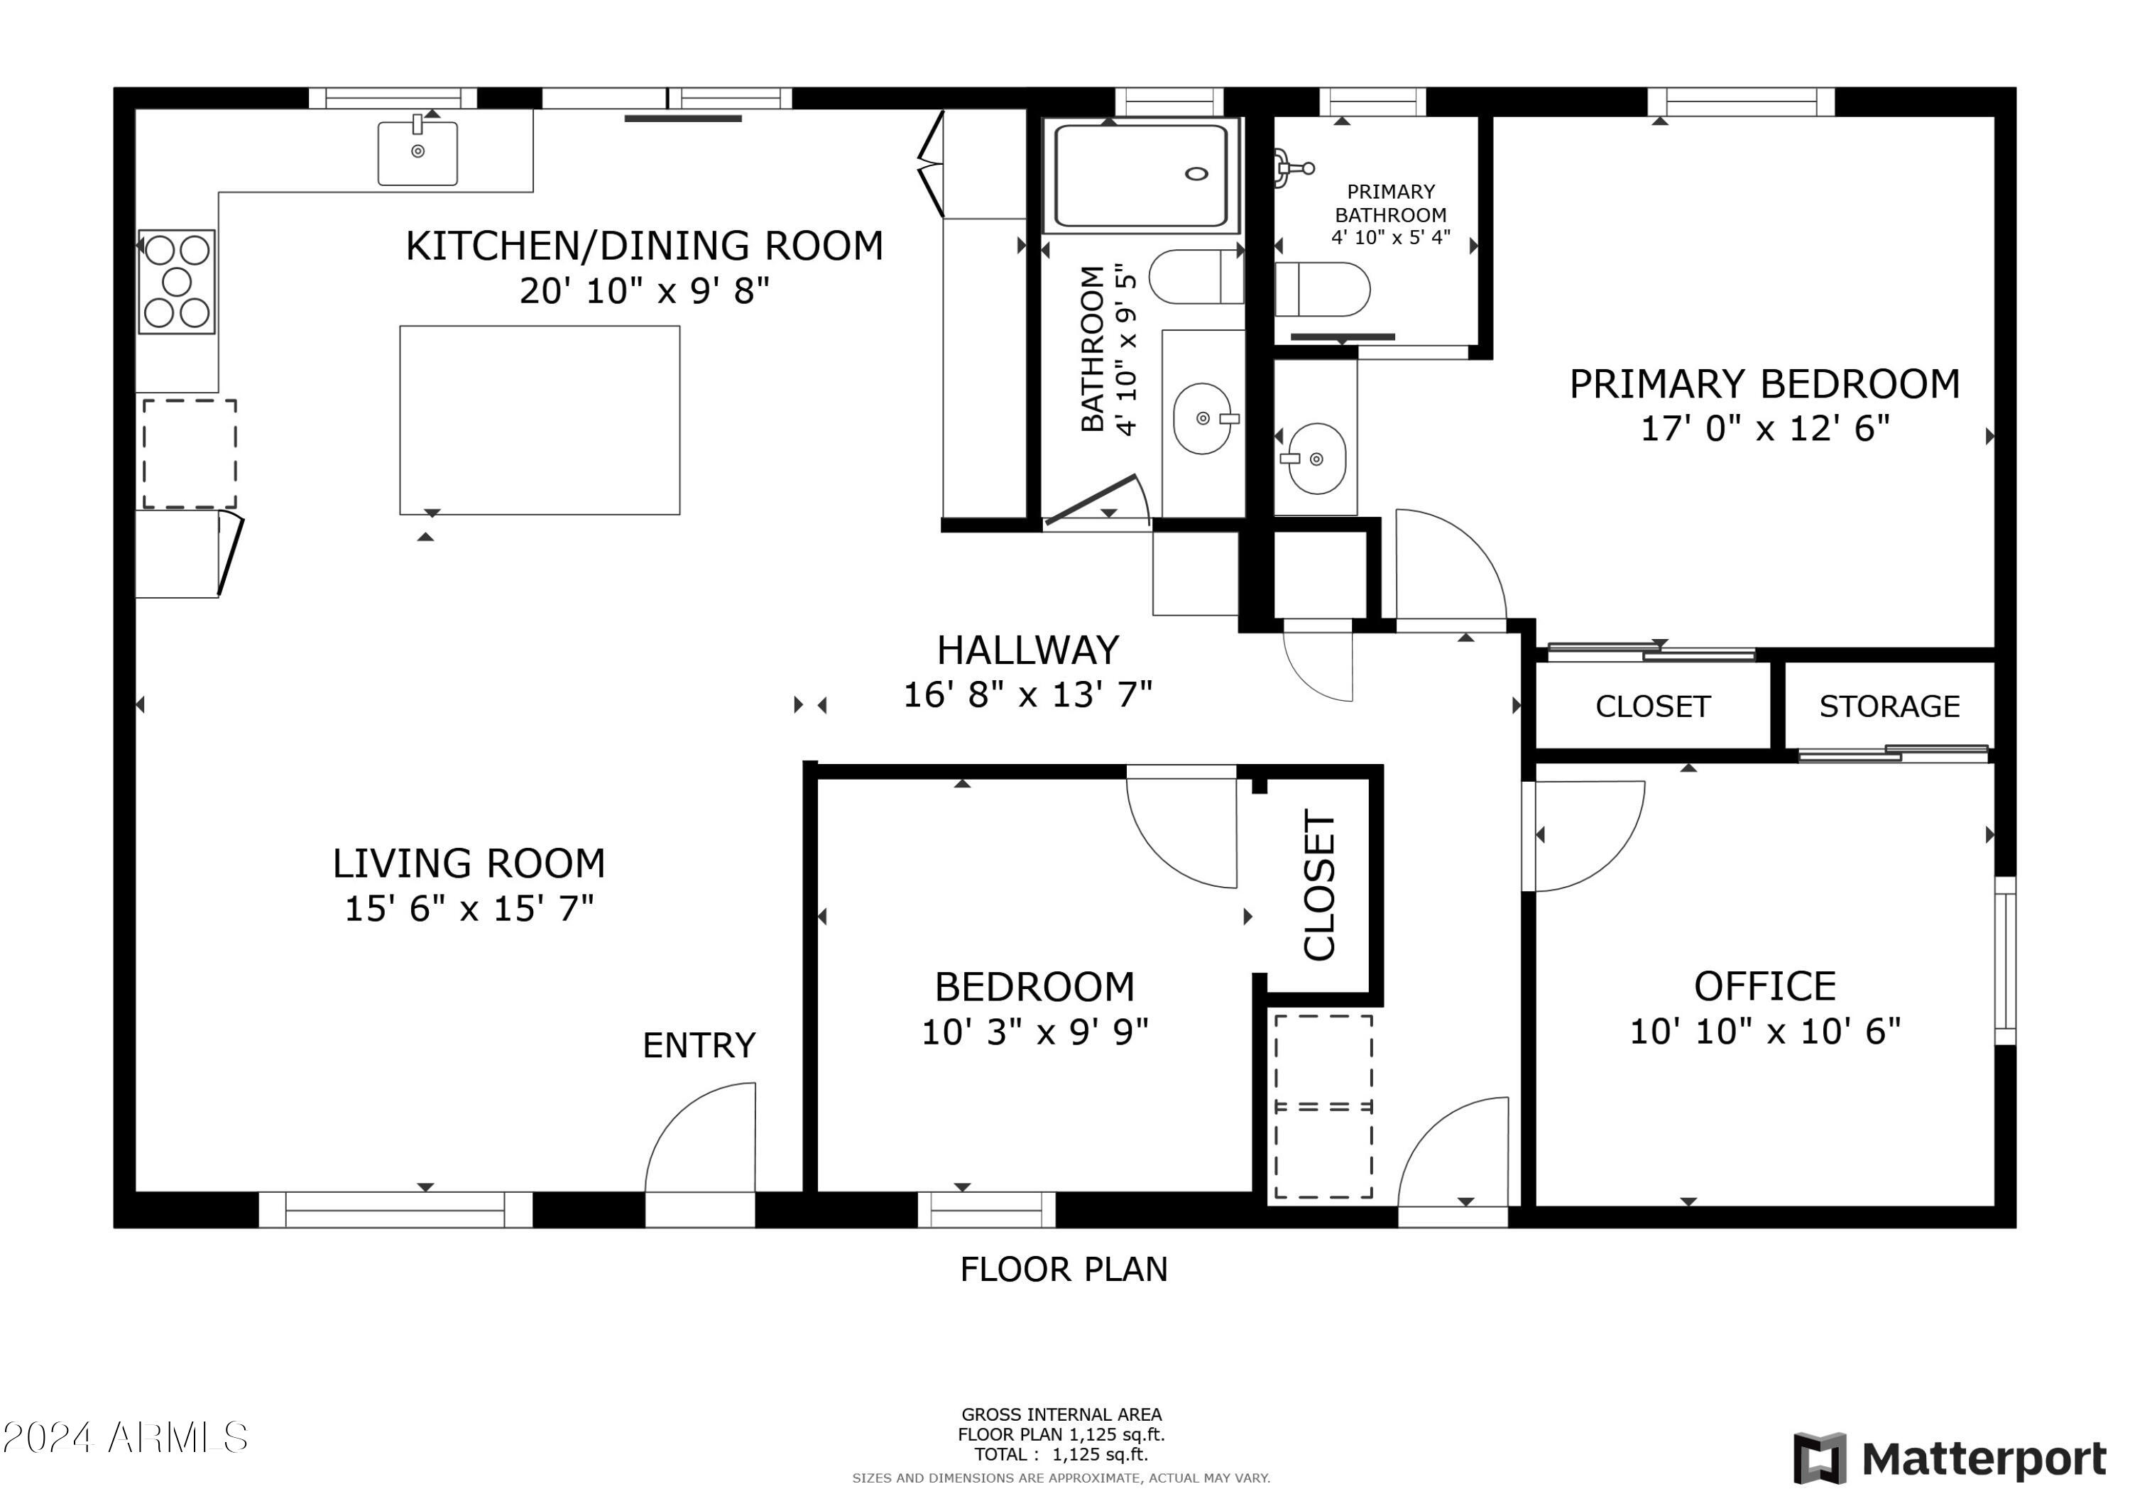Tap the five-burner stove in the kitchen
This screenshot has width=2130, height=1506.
[176, 281]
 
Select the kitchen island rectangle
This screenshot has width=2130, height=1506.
[540, 420]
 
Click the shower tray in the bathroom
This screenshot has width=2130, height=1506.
[1141, 175]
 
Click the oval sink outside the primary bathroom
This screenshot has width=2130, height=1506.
[1316, 459]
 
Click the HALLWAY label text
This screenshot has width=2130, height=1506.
[1028, 650]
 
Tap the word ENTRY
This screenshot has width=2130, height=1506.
[699, 1046]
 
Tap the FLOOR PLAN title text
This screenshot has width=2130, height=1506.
[1064, 1270]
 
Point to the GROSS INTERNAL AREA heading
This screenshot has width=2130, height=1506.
[1061, 1415]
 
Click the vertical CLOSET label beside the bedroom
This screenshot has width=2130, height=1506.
[1319, 885]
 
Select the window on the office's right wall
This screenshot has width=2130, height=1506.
[2005, 961]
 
